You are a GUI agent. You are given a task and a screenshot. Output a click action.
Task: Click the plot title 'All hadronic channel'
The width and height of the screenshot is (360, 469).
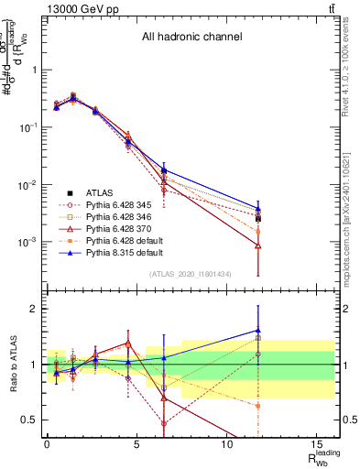[191, 38]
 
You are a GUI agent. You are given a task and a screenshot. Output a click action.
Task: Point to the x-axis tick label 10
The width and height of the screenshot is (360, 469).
[226, 444]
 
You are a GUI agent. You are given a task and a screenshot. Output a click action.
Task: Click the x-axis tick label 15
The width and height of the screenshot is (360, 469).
[316, 444]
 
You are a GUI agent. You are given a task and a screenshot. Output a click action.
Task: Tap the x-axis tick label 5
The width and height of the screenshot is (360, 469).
[136, 444]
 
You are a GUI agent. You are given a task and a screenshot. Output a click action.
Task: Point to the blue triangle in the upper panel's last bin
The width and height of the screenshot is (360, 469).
[258, 209]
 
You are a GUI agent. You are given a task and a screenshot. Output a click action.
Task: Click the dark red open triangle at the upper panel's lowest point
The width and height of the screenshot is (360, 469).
[258, 245]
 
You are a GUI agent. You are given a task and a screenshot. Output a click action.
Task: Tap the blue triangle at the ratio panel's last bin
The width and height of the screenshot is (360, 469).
[258, 331]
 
